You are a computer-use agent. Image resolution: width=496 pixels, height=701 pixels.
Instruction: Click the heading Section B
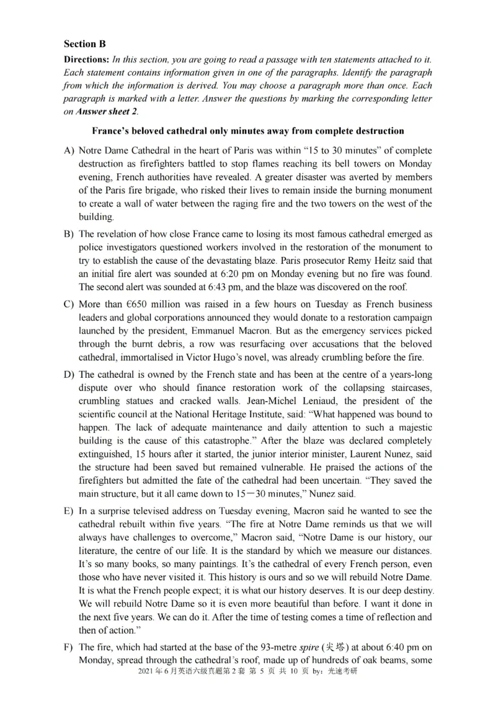(x=85, y=44)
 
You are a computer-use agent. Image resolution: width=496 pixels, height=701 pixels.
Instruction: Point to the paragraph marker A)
(x=69, y=151)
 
